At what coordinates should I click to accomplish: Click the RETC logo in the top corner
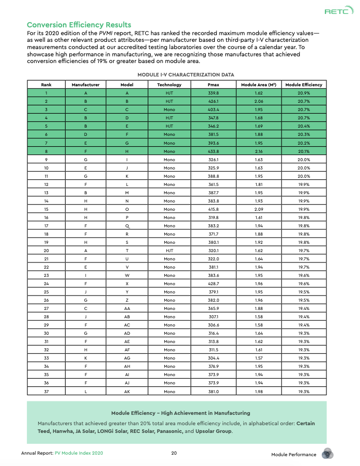(336, 12)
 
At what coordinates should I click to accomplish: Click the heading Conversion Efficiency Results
(79, 25)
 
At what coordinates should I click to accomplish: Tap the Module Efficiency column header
(304, 84)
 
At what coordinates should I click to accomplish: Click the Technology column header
(169, 84)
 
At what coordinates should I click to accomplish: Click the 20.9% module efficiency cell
(304, 92)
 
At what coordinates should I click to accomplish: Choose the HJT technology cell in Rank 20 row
(169, 252)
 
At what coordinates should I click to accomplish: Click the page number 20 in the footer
(175, 454)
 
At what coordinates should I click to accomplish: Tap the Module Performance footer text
(293, 454)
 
